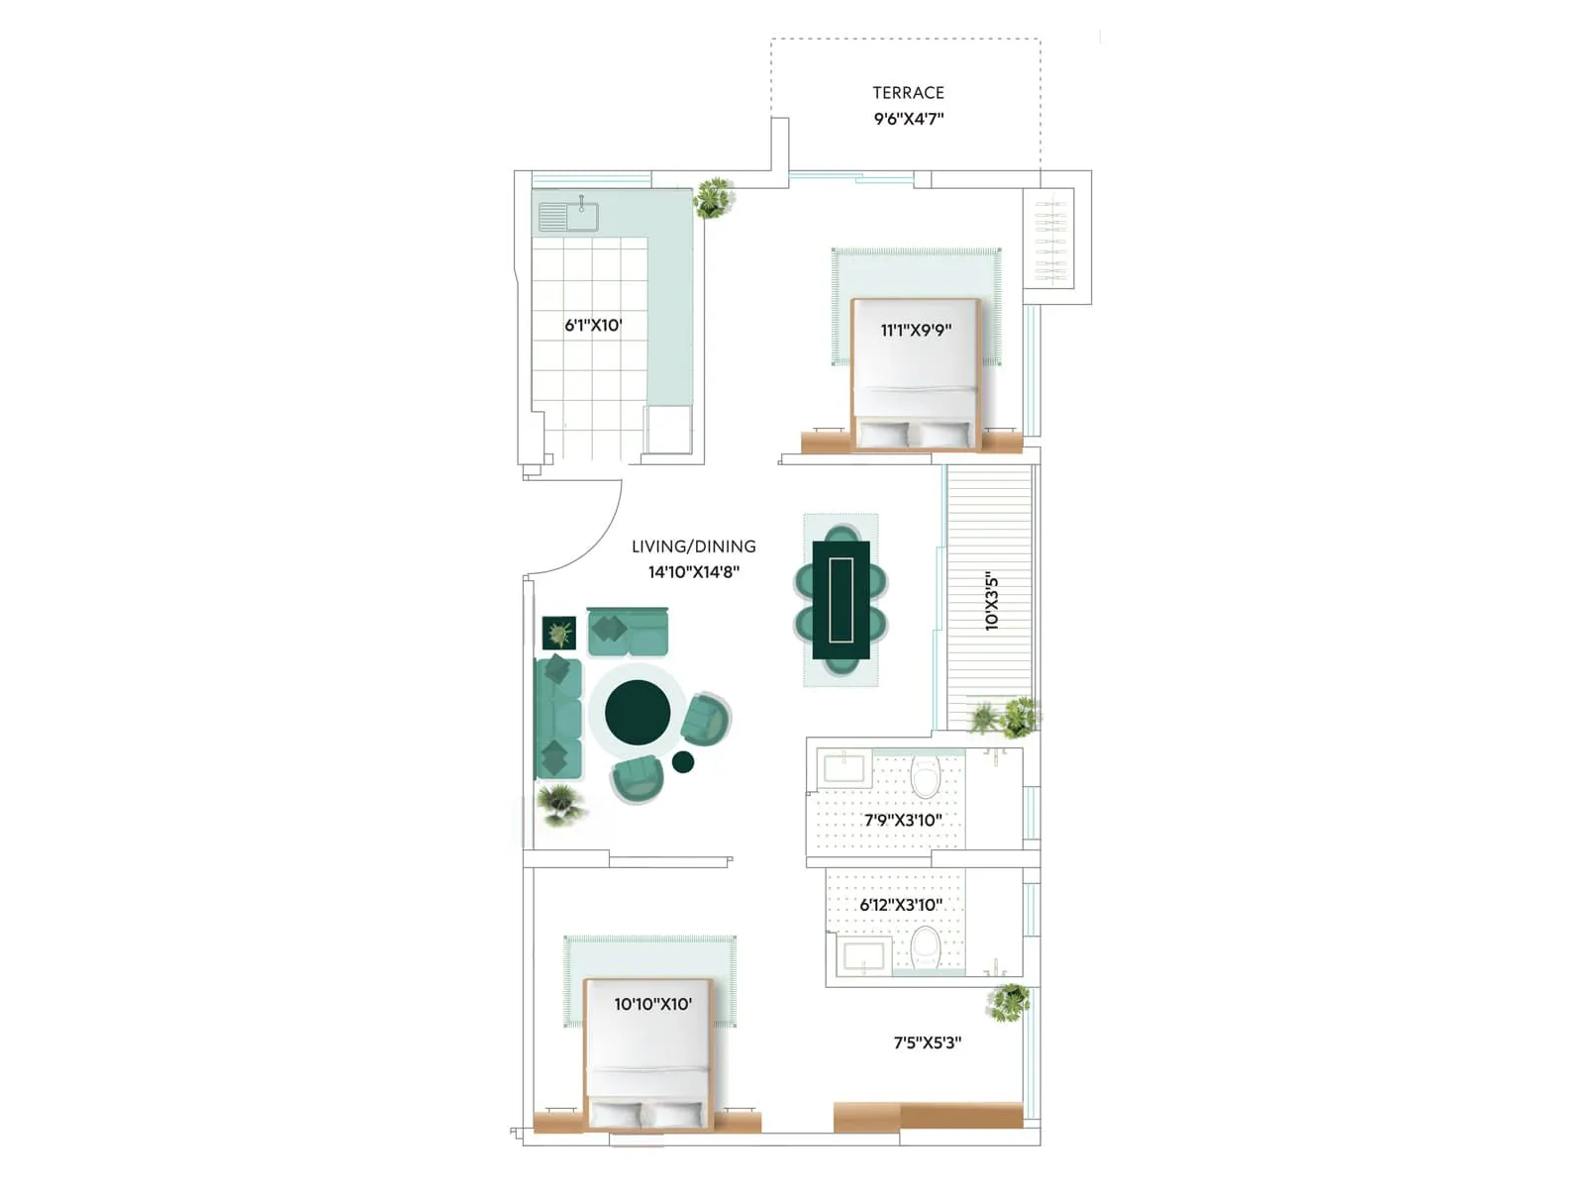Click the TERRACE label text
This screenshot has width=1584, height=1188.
tap(908, 92)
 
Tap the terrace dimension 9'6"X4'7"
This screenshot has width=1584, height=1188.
tap(908, 119)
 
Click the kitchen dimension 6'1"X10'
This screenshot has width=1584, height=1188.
tap(593, 325)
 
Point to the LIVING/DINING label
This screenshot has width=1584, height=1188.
tap(693, 545)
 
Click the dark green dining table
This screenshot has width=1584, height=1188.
tap(841, 600)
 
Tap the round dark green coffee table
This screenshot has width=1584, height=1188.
tap(638, 712)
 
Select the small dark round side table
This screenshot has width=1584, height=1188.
tap(683, 761)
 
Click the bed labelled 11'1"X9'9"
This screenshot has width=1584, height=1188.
tap(916, 376)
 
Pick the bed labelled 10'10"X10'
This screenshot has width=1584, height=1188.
tap(648, 1054)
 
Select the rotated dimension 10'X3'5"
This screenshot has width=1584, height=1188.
tap(991, 601)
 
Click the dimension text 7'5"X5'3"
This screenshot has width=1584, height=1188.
tap(928, 1042)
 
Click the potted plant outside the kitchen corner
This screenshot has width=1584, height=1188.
tap(714, 197)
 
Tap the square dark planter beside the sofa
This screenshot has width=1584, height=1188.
tap(559, 633)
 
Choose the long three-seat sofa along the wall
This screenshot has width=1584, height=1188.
tap(557, 718)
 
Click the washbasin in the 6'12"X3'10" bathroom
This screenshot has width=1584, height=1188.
tap(862, 957)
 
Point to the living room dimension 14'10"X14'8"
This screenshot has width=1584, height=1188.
tap(693, 572)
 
